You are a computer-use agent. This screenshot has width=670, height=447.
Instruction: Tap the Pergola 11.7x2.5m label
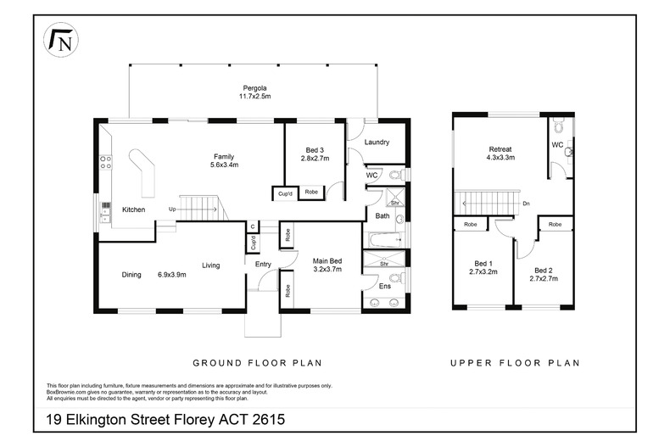254,92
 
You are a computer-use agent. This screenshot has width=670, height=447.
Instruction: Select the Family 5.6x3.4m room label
224,160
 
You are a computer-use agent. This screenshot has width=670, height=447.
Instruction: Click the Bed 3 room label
315,154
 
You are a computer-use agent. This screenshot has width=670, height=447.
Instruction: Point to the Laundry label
377,142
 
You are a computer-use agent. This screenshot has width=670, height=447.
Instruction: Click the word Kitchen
135,210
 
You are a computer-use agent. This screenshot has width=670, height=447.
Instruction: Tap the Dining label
131,274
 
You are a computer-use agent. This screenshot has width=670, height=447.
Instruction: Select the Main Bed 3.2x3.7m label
327,265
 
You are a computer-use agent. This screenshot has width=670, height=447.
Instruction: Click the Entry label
263,265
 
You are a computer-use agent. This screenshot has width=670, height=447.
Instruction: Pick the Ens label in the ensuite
384,287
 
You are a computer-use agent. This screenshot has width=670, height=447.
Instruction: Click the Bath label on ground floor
382,216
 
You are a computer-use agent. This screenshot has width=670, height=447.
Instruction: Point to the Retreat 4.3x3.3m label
499,153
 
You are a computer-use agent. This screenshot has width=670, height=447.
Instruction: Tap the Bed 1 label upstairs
482,268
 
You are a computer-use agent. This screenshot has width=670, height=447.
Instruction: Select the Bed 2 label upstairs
543,273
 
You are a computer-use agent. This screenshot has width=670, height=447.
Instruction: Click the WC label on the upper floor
557,145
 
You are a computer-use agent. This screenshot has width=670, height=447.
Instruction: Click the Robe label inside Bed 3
312,193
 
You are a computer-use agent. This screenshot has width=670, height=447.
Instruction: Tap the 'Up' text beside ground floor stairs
173,209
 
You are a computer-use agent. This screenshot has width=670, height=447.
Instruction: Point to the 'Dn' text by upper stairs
526,204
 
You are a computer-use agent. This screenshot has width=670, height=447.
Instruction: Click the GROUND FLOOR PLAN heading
257,362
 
